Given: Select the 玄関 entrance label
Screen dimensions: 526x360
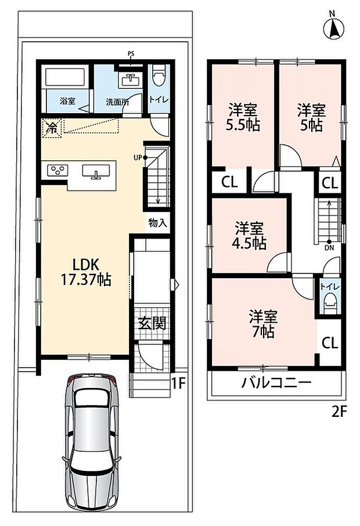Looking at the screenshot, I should coord(152,323).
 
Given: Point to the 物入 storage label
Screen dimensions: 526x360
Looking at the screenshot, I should coord(157,223).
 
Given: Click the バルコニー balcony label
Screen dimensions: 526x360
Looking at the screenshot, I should coord(276,383).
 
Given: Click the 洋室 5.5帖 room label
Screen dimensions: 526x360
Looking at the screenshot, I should coord(243,117).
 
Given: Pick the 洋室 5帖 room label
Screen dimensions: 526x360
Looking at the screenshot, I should coord(312,117).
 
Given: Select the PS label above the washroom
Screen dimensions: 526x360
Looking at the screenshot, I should coord(131,54).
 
